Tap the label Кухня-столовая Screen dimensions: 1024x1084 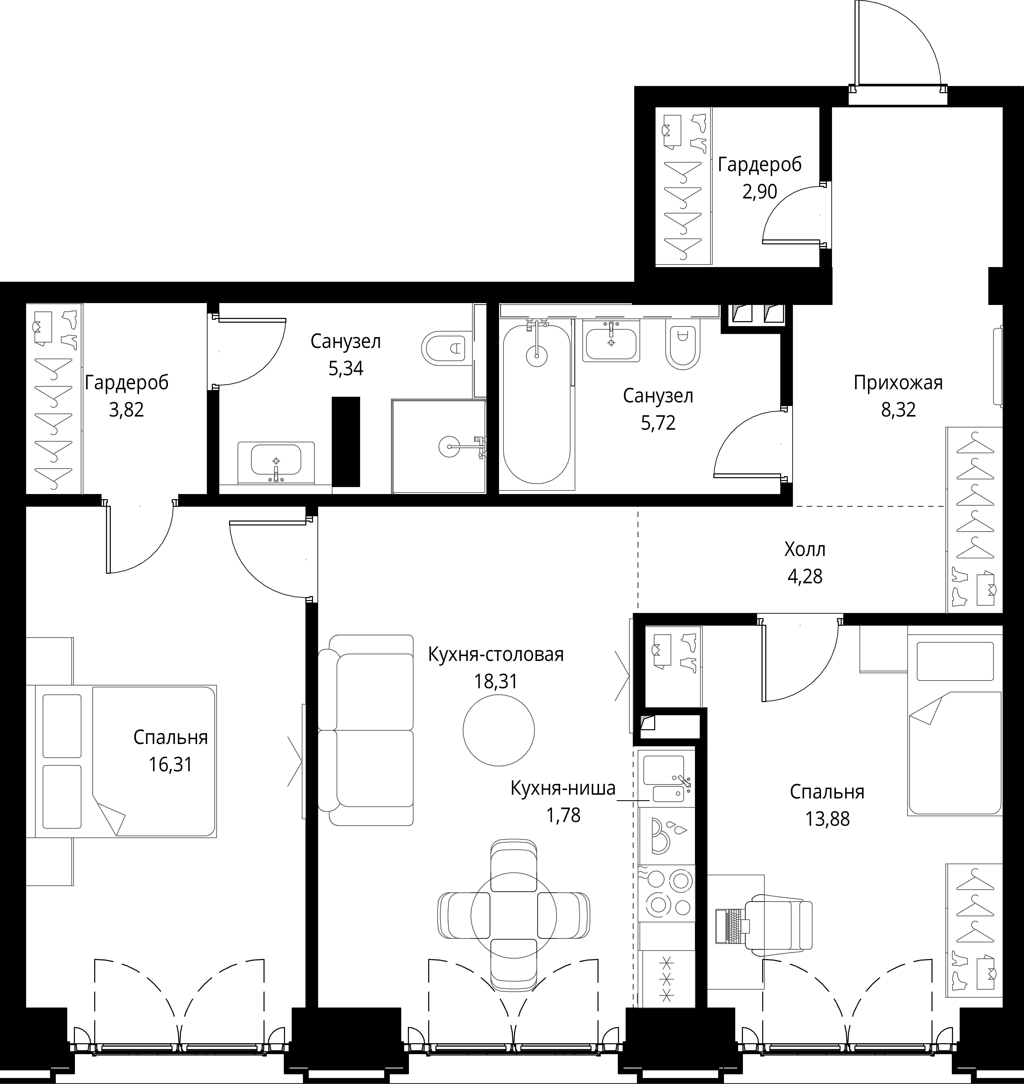pyautogui.click(x=496, y=654)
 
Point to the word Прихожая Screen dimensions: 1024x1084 pyautogui.click(x=898, y=383)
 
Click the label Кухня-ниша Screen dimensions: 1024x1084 pyautogui.click(x=563, y=788)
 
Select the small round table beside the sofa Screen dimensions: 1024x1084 pyautogui.click(x=498, y=730)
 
